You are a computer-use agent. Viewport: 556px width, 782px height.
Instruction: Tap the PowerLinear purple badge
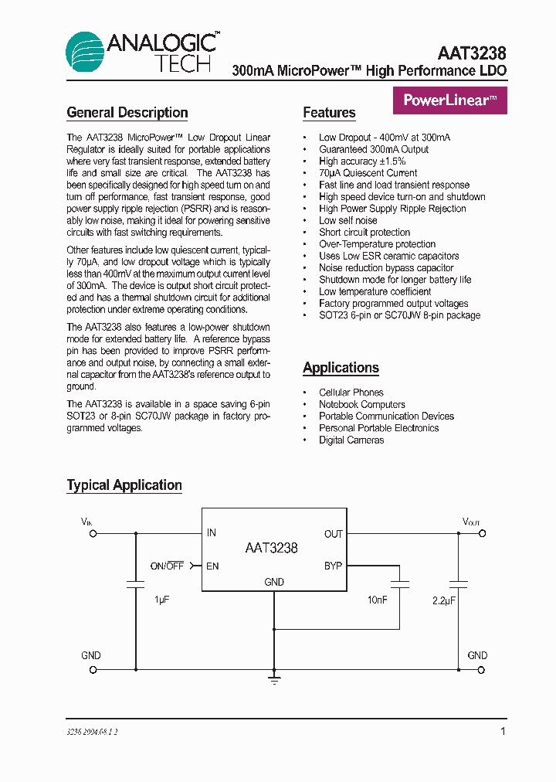coord(450,100)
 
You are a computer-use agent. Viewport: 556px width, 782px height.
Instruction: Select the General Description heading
coord(127,113)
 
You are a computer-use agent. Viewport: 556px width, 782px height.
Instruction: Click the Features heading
coord(329,113)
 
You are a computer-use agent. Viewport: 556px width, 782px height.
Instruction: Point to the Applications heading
coord(341,368)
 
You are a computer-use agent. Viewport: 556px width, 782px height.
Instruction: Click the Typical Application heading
coord(124,485)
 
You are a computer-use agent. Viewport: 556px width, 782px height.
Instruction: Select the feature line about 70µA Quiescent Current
coord(368,173)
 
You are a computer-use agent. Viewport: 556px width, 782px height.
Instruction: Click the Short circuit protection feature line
coord(364,232)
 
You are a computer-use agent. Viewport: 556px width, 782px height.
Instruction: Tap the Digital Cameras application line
coord(351,440)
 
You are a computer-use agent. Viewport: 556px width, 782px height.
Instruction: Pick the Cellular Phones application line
coord(351,393)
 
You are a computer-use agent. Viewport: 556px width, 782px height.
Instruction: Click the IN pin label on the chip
coord(212,533)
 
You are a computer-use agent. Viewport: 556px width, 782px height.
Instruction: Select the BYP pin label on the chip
coord(333,566)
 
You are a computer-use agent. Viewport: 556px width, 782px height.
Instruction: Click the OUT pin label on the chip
coord(333,534)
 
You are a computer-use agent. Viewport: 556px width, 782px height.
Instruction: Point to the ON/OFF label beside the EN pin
coord(167,566)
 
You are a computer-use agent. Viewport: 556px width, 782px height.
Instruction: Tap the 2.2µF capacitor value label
coord(445,599)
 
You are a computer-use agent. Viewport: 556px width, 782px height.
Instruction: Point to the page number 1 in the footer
coord(503,731)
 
